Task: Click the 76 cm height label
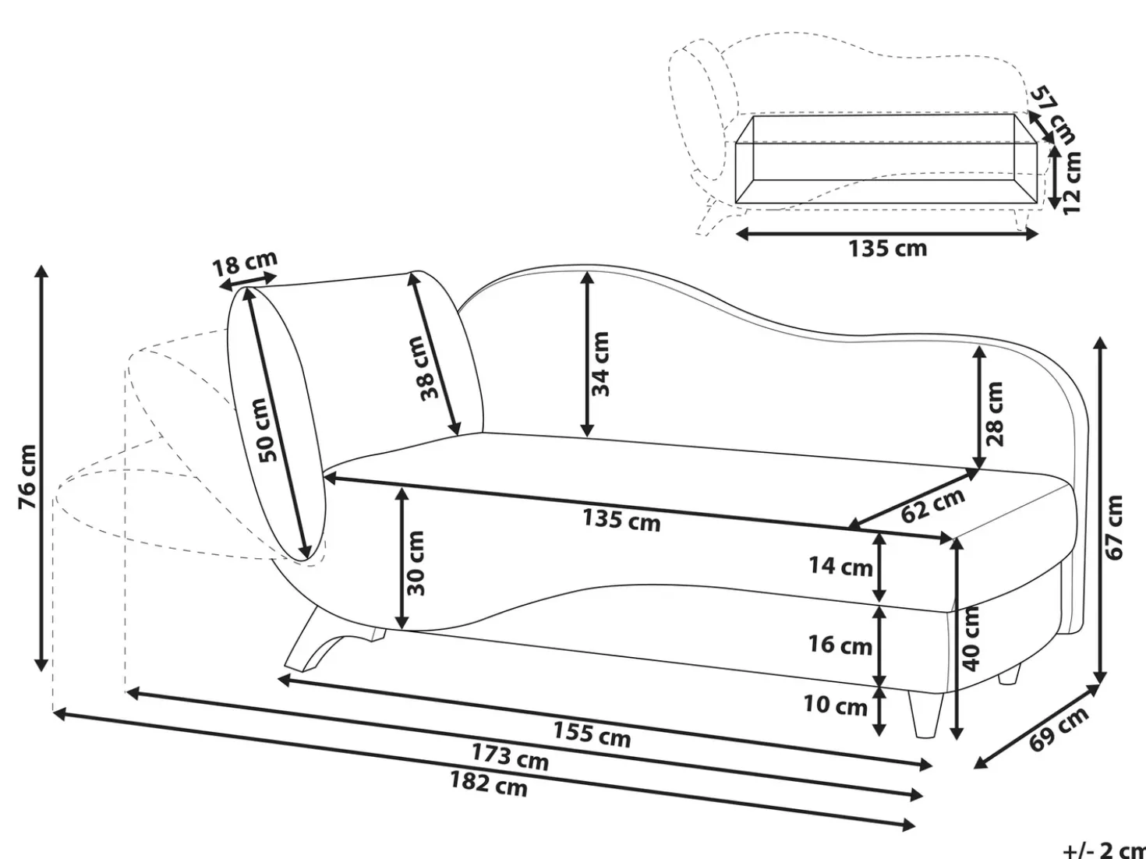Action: coord(27,476)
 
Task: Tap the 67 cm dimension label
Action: coord(1113,527)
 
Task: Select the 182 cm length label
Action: coord(489,784)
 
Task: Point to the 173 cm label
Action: coord(510,757)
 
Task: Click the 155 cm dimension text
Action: coord(592,734)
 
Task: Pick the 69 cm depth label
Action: coord(1059,729)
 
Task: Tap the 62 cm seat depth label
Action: coord(933,505)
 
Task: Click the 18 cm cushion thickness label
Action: coord(244,263)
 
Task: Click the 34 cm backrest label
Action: coord(600,364)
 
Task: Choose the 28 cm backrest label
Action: coord(994,414)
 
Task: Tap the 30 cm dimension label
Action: coord(416,563)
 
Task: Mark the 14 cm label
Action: coord(840,566)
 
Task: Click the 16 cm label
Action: coord(840,645)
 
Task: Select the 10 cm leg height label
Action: coord(836,705)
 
